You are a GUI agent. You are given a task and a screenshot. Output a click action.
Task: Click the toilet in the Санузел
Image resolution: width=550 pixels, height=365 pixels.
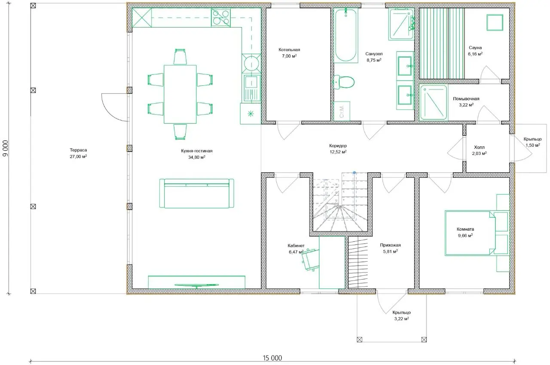(344, 82)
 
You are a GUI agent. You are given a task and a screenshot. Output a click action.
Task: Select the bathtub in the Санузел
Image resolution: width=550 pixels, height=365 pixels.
(345, 35)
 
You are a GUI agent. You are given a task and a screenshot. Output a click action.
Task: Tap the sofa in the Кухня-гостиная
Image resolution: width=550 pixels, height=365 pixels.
(196, 194)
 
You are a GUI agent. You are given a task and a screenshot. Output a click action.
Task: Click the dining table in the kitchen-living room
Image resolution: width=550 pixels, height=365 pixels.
(180, 94)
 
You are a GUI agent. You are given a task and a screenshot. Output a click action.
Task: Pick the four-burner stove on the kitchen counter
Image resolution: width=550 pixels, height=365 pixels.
(221, 17)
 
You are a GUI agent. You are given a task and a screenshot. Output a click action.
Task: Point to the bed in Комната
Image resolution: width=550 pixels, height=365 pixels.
(470, 233)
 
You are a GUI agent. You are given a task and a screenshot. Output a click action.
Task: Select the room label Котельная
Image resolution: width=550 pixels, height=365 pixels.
(289, 49)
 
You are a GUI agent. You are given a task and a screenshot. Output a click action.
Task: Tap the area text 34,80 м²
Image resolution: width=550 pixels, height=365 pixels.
(197, 157)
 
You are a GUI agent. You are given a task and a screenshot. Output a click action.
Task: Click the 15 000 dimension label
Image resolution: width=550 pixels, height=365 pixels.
(272, 358)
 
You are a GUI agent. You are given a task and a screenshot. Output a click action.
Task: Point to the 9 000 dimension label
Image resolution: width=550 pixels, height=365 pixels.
(6, 148)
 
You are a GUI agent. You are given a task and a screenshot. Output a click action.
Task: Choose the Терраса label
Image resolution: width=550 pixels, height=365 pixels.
(78, 150)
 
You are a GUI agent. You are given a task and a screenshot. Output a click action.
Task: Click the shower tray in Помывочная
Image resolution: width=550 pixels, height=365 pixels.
(434, 102)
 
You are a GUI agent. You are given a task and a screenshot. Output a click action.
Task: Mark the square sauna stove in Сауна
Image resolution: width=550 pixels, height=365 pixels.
(495, 22)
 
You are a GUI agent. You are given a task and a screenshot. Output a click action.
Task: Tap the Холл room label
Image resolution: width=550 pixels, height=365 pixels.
(479, 147)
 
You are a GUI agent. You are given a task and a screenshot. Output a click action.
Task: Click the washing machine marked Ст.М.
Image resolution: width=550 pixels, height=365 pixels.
(342, 111)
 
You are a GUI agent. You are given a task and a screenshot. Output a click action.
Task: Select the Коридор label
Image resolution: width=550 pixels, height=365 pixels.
(338, 146)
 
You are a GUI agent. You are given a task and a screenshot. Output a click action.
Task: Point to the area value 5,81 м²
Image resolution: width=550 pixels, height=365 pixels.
(391, 252)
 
